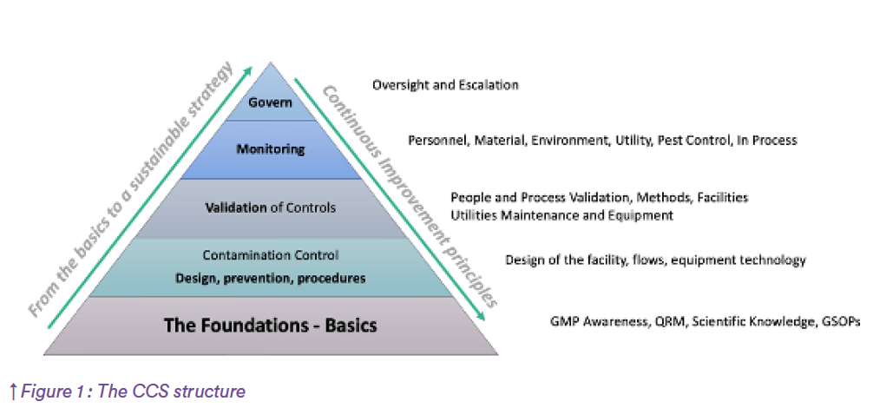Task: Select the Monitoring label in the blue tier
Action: point(271,149)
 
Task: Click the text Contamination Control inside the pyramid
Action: point(271,256)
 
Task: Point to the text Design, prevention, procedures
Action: point(271,279)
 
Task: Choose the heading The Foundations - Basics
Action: point(271,326)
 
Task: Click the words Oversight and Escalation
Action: point(445,85)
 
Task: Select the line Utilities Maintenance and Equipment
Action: point(561,214)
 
